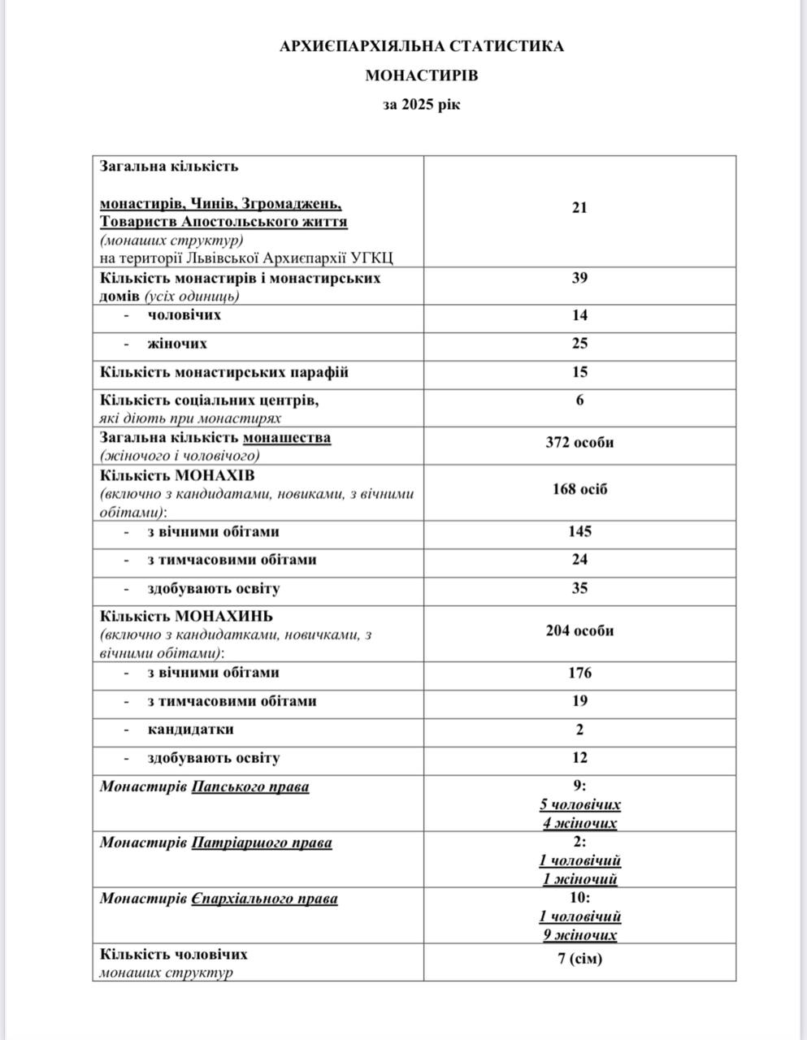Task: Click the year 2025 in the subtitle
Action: tap(418, 105)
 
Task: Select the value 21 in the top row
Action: tap(579, 208)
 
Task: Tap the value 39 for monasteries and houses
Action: tap(579, 278)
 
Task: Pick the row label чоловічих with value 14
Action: tap(184, 315)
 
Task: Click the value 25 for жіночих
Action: tap(579, 344)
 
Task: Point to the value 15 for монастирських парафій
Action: tap(579, 372)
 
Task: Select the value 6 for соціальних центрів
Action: tap(579, 400)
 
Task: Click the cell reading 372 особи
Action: tap(579, 443)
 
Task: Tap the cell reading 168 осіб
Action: tap(579, 489)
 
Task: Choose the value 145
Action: tap(579, 531)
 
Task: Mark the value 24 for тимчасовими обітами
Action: tap(579, 560)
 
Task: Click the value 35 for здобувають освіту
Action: tap(579, 588)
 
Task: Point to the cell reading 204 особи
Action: tap(579, 630)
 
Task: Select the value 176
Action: tap(579, 673)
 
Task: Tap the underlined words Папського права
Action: tap(250, 786)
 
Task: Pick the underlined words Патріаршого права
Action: tap(262, 843)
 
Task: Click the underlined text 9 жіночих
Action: tap(580, 935)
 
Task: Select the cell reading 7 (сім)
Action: tap(580, 959)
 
